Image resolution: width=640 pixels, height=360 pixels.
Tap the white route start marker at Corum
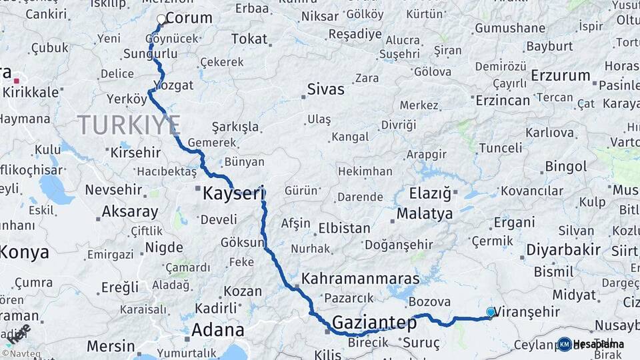pyautogui.click(x=161, y=20)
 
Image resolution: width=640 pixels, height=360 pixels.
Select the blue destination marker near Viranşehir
pyautogui.click(x=491, y=312)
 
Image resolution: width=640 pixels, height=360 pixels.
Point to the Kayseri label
pyautogui.click(x=233, y=194)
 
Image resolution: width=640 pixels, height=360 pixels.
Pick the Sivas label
pyautogui.click(x=326, y=89)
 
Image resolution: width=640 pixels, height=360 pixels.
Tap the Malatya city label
pyautogui.click(x=425, y=214)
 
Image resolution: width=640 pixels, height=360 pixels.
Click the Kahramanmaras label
pyautogui.click(x=361, y=279)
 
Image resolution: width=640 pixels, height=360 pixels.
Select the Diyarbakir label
pyautogui.click(x=563, y=250)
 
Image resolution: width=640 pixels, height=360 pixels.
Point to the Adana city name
pyautogui.click(x=217, y=330)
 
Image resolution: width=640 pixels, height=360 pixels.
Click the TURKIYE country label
pyautogui.click(x=129, y=125)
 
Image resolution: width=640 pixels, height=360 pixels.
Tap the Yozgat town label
pyautogui.click(x=173, y=85)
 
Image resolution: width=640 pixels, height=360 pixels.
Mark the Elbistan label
pyautogui.click(x=345, y=228)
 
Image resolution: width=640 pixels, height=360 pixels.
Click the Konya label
pyautogui.click(x=25, y=253)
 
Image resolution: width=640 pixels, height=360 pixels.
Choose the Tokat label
pyautogui.click(x=249, y=39)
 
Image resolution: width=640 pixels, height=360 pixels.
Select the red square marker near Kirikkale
pyautogui.click(x=16, y=81)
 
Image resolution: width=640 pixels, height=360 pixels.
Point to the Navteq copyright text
pyautogui.click(x=21, y=353)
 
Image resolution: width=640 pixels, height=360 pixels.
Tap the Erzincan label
pyautogui.click(x=503, y=100)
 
